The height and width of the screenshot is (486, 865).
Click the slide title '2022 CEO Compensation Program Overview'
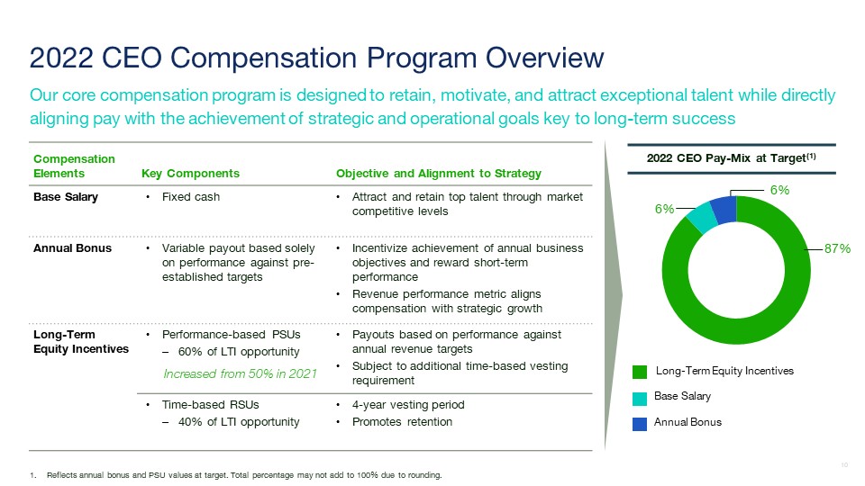(x=316, y=58)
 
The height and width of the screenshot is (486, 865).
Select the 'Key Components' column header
(x=191, y=174)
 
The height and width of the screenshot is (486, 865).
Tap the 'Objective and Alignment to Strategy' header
(x=438, y=174)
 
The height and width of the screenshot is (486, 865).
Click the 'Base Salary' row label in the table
(x=67, y=197)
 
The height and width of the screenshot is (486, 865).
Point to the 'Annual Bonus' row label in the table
(x=73, y=248)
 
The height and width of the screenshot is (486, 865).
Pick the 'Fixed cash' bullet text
(x=190, y=197)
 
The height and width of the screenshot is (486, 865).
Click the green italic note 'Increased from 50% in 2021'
(x=239, y=373)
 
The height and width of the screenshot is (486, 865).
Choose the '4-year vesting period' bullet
(x=407, y=405)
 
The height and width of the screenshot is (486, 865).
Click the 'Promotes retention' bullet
(x=402, y=422)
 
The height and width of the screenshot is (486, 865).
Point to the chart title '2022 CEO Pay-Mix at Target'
(x=735, y=159)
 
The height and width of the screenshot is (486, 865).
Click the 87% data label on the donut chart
(x=838, y=248)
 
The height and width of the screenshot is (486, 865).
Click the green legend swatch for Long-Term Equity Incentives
(x=640, y=372)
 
